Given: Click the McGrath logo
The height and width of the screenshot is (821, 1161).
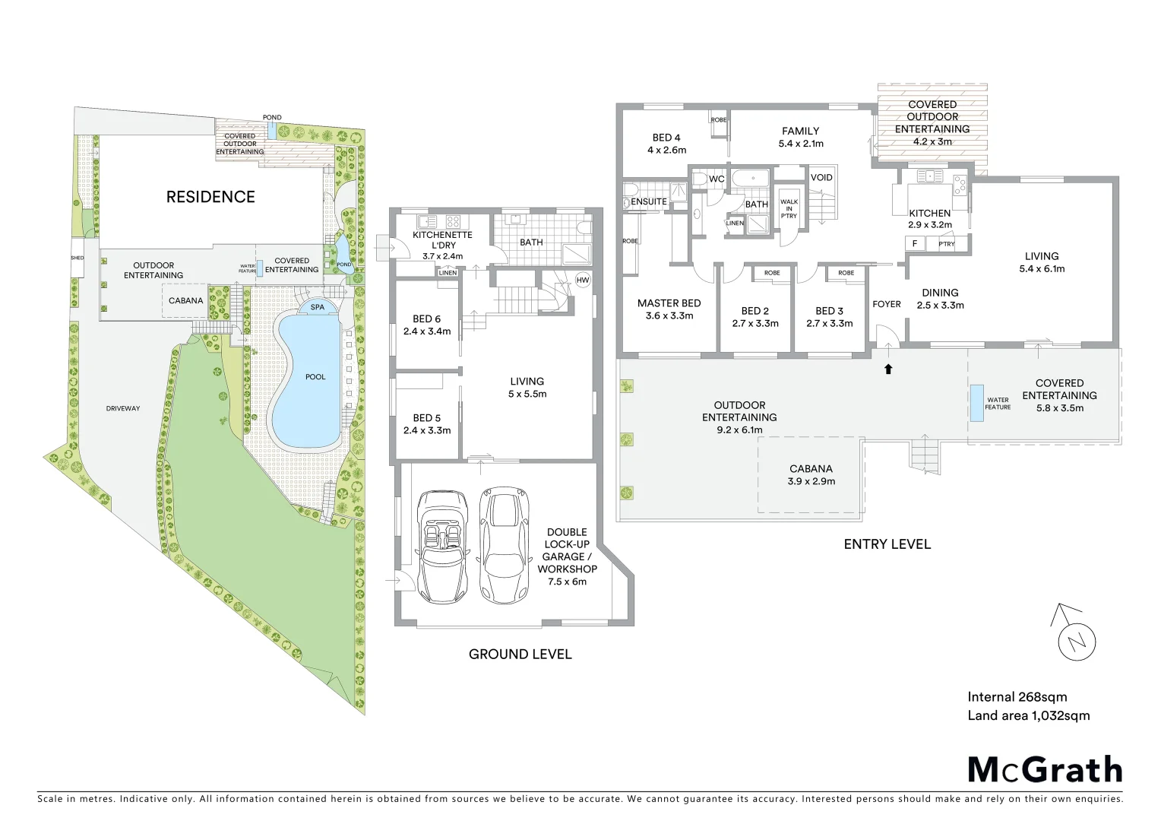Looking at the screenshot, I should coord(1044,769).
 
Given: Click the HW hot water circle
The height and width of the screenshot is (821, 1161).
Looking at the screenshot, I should coord(583,280).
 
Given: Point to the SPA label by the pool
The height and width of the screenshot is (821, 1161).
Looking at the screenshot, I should coord(317,308).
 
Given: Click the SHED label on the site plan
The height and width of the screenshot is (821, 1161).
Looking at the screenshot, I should coord(78,258).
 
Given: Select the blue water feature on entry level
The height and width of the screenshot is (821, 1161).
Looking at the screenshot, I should coord(974,402).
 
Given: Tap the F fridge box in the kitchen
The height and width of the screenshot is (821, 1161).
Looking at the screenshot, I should coord(914,244).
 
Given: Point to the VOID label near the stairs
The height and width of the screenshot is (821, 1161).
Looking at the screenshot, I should coord(821,177).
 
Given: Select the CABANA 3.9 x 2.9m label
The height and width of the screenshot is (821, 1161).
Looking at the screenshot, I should coord(811,474).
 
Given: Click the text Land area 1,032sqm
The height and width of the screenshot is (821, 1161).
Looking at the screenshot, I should coord(1028,715).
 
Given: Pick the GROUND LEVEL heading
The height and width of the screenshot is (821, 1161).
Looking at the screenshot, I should coord(520,654).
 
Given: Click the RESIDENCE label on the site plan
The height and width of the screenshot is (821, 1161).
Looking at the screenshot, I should coord(210,197).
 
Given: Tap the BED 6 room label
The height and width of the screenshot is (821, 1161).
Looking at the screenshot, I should coord(426,325).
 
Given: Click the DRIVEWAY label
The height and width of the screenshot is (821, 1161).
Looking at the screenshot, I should coord(122,408).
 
